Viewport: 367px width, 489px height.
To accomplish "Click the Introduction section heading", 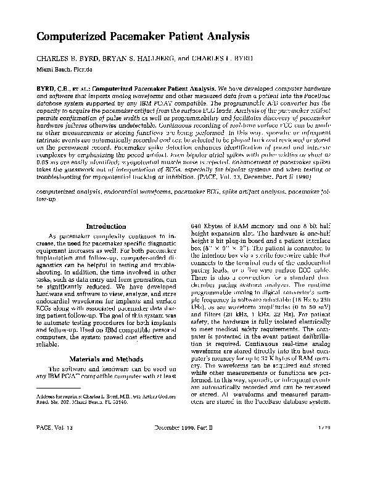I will tap(106, 226).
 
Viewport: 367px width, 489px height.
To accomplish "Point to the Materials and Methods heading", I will tap(106, 357).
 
